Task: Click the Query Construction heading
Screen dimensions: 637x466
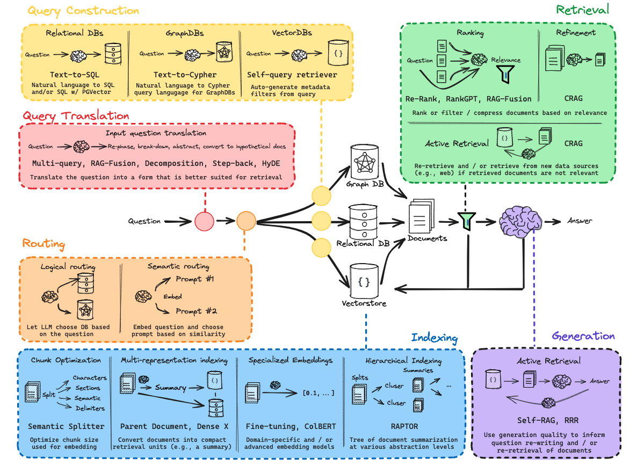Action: coord(83,11)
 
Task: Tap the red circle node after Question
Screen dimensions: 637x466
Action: coord(204,221)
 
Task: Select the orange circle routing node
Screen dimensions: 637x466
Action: coord(246,221)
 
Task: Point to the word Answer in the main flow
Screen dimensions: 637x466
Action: coord(580,221)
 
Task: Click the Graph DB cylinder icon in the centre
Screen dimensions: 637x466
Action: coord(365,162)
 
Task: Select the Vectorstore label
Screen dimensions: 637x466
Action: coord(364,303)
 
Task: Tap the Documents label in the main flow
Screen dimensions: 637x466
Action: coord(428,238)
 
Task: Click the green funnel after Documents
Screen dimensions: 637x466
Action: coord(467,221)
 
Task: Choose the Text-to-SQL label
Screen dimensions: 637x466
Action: coord(75,75)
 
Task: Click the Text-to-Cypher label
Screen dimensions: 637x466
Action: coord(185,75)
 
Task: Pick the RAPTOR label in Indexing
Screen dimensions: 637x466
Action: coord(404,426)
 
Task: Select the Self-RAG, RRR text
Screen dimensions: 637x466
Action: coord(548,420)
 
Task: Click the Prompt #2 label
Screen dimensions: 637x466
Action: coord(196,311)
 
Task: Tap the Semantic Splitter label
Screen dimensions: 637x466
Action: coord(66,426)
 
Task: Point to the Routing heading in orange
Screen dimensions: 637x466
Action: coord(44,244)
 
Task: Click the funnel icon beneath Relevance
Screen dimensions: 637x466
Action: coord(505,74)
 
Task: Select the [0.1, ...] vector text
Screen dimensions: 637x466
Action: coord(318,393)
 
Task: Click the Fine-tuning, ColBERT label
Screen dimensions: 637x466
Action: coord(291,426)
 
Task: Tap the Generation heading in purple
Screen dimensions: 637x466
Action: coord(583,336)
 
